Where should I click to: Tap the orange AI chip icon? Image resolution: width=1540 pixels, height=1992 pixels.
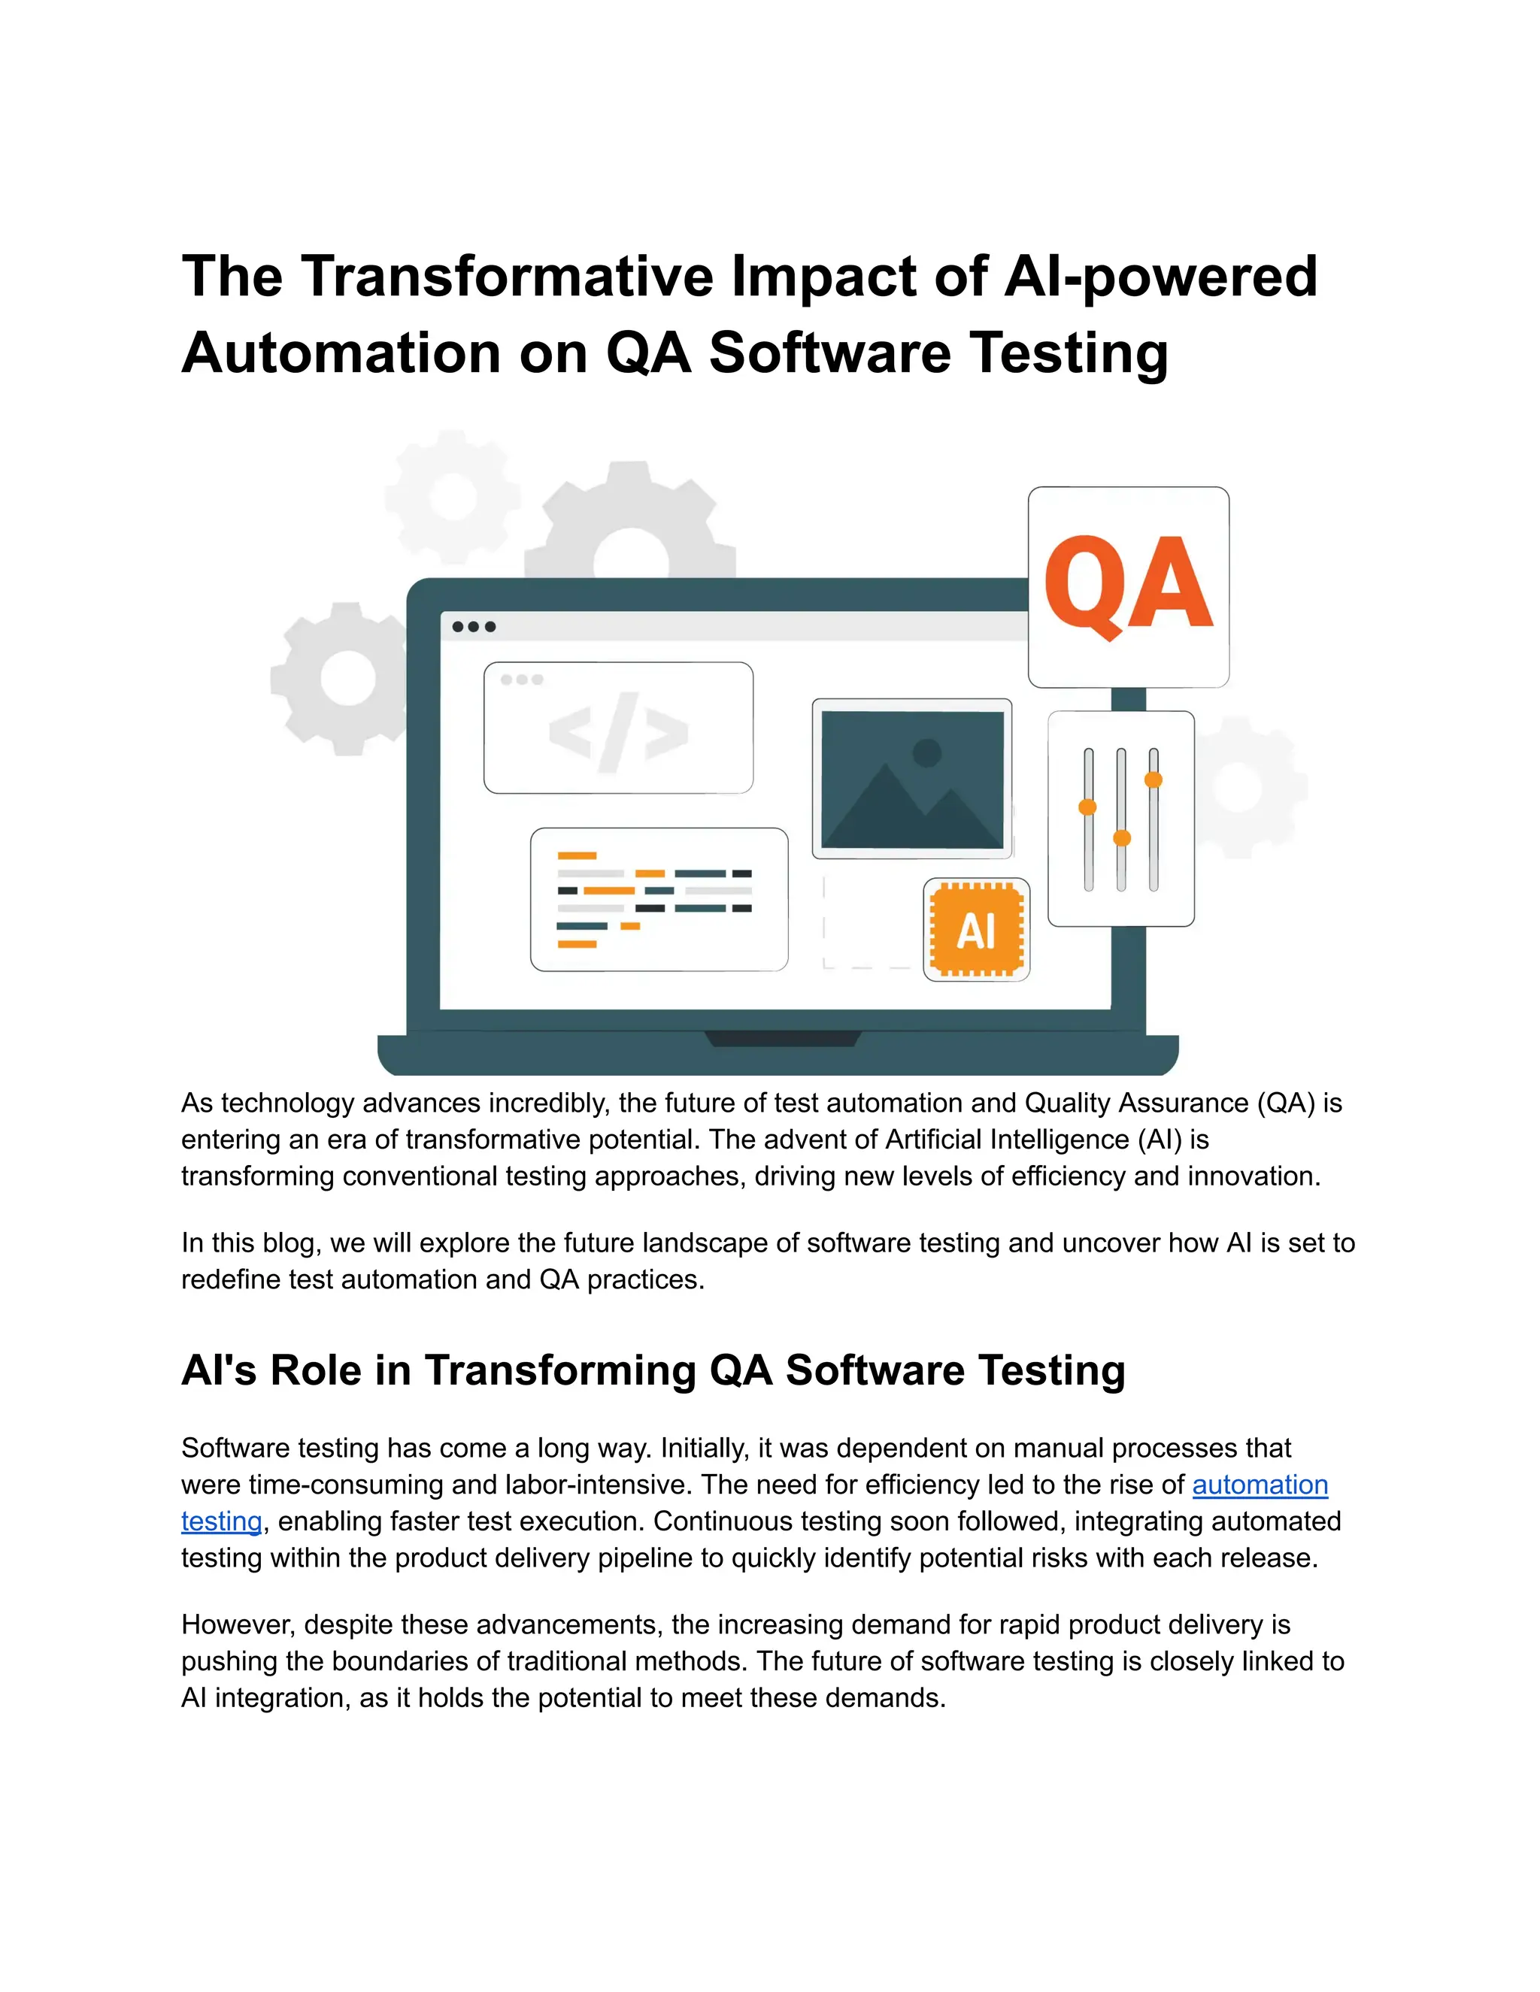(976, 929)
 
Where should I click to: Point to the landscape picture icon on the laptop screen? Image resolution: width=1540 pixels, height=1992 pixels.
(911, 780)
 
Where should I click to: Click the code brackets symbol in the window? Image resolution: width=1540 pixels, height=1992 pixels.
(617, 732)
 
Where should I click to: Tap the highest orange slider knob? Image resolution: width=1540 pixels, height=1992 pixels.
(1153, 780)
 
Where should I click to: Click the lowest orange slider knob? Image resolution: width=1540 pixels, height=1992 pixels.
(1122, 838)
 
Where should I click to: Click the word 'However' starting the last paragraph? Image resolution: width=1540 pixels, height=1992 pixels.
(238, 1624)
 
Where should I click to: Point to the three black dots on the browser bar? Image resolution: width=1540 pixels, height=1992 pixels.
(474, 627)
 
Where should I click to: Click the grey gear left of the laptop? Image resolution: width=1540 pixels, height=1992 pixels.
(346, 679)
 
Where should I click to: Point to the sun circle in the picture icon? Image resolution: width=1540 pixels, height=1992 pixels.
(927, 752)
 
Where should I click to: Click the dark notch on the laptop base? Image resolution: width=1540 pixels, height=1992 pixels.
(783, 1039)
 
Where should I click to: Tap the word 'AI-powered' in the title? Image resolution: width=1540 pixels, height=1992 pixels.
(1160, 277)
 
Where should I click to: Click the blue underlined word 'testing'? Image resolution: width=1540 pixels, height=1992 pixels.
(222, 1521)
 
